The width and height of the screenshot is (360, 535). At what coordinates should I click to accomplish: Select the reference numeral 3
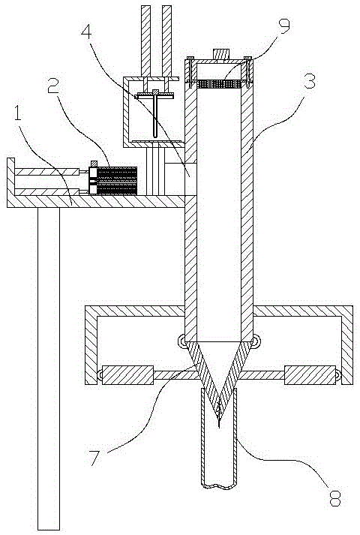pos(309,80)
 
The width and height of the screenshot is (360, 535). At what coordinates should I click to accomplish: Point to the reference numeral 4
pos(86,32)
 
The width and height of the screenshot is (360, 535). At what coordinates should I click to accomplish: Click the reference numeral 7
pos(95,458)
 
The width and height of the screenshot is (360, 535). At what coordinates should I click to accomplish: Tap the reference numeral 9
pos(283,26)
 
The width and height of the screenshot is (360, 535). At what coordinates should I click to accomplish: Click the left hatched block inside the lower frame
pos(127,374)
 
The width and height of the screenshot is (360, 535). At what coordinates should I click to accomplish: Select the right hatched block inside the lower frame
pos(310,374)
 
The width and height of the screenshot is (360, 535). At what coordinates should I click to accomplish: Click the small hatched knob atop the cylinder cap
pos(221,54)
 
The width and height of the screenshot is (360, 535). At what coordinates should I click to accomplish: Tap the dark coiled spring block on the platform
pos(117,181)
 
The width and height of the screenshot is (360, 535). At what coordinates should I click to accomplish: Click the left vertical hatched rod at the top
pos(145,41)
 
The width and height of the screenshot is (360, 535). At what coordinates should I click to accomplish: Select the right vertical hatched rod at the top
pos(166,41)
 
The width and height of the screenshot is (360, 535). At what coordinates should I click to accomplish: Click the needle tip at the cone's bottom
pos(218,427)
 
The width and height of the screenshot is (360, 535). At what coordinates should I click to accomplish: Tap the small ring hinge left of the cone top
pos(182,341)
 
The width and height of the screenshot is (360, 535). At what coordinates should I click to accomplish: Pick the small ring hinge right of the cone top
pos(255,341)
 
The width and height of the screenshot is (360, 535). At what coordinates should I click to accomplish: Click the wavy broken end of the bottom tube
pos(219,486)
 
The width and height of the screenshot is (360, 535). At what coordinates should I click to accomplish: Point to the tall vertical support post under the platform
pos(49,368)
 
